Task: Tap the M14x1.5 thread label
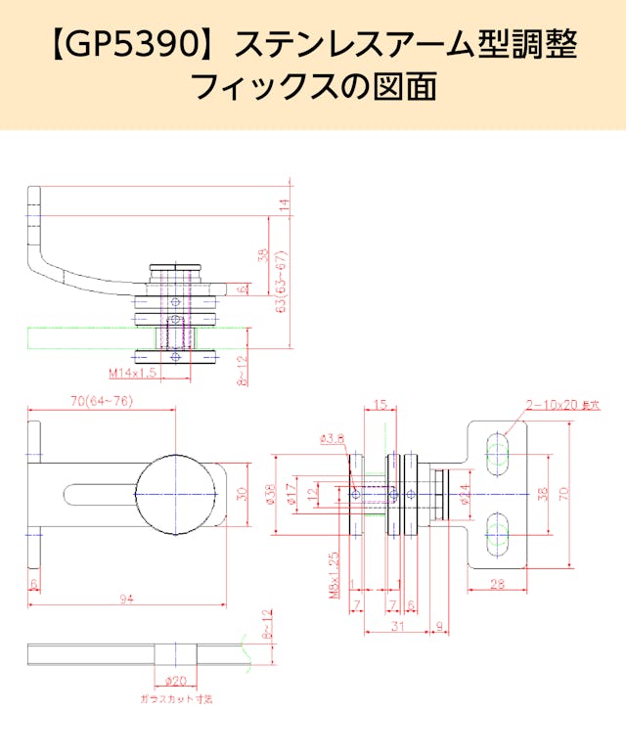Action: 133,373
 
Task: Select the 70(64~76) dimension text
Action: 102,401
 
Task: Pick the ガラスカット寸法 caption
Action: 176,699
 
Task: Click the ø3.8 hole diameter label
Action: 332,439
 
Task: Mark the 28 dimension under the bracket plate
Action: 496,584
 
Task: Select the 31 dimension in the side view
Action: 396,626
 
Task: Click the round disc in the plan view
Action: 174,495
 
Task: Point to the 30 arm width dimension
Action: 242,495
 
